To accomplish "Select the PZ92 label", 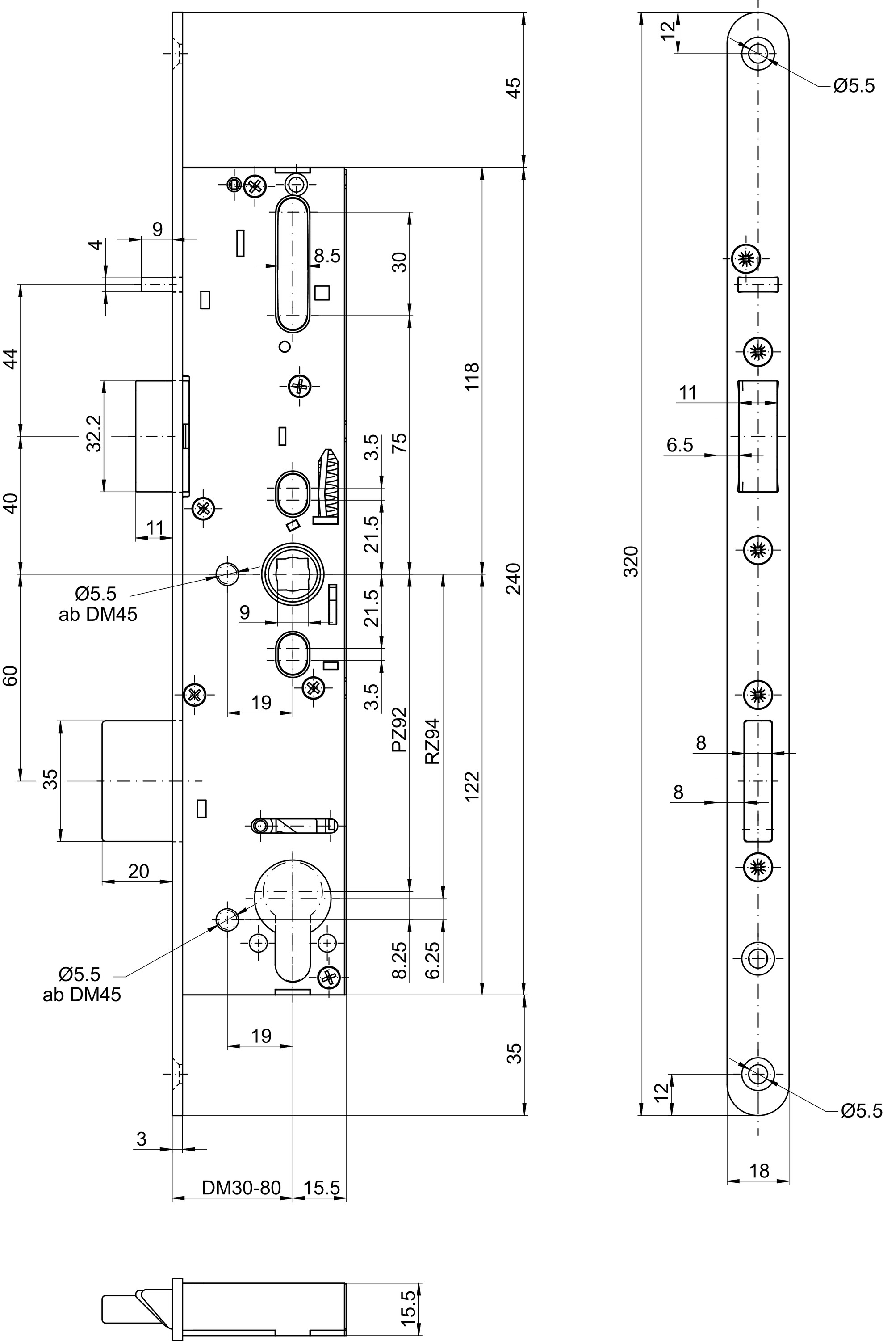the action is point(399,730).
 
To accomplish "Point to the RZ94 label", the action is point(433,742).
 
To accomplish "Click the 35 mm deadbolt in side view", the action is point(137,781).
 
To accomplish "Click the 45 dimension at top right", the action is point(514,89).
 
